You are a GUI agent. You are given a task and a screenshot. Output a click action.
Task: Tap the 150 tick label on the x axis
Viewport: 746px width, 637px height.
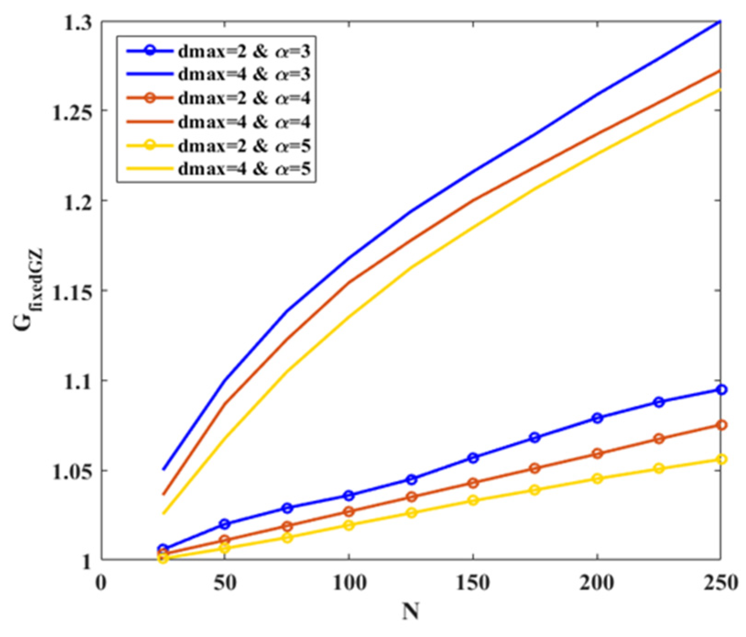coord(473,583)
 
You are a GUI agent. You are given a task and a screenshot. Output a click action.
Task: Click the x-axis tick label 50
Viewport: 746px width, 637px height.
coord(225,583)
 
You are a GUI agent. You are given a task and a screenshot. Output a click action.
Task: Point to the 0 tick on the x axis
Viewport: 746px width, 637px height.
coord(101,583)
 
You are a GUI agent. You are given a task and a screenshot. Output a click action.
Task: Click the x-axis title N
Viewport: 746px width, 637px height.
coord(411,612)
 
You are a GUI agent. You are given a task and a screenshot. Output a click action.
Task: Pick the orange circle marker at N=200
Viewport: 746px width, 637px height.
coord(597,454)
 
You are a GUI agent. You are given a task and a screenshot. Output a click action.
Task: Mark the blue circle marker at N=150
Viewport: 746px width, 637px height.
coord(473,458)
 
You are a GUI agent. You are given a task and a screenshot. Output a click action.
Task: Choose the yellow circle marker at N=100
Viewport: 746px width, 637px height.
coord(349,525)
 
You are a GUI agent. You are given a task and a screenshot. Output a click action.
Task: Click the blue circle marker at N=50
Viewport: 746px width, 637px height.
coord(225,524)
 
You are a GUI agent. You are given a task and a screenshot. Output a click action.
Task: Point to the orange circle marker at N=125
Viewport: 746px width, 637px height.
coord(411,497)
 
